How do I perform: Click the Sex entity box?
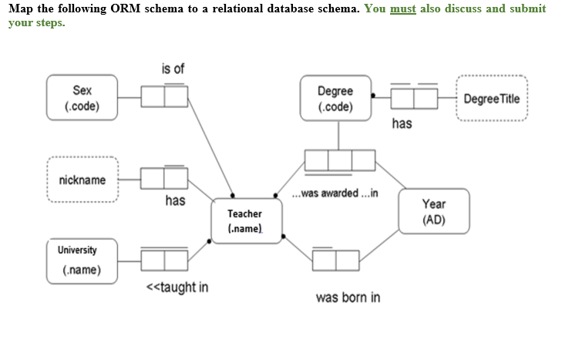[82, 98]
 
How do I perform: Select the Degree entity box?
[335, 98]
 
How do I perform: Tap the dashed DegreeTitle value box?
[492, 99]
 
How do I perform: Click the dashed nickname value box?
[82, 180]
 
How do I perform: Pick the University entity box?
[81, 261]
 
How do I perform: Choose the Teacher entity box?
[246, 221]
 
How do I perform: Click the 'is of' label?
[173, 69]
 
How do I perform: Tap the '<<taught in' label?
[177, 288]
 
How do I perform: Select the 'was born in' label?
[348, 298]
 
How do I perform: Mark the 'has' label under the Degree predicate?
[402, 123]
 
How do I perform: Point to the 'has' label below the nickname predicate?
[175, 200]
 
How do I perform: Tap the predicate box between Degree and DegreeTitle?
[414, 98]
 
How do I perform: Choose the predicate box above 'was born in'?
[335, 261]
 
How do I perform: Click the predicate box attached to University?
[164, 261]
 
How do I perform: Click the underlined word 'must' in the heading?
[404, 8]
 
